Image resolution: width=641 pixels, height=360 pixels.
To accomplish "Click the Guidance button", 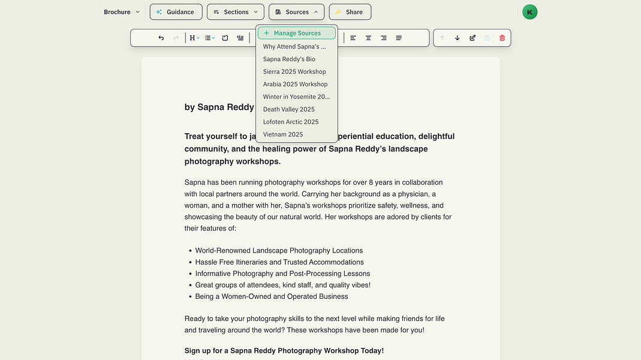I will pos(175,12).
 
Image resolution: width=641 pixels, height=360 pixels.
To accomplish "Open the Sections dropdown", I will pos(235,12).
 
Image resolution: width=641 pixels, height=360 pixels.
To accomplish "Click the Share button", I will pos(350,12).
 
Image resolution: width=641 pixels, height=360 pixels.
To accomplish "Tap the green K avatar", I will pos(529,12).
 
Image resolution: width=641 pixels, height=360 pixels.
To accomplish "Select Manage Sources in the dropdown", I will pos(297,33).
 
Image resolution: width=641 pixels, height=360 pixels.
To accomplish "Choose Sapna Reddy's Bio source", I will pos(289,59).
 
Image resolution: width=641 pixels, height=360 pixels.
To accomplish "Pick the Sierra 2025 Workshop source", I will pos(294,71).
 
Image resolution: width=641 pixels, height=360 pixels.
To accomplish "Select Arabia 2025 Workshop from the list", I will pos(295,84).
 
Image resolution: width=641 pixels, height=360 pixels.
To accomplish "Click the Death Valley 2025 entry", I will pos(288,109).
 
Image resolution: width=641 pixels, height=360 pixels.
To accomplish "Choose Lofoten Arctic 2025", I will pos(291,122).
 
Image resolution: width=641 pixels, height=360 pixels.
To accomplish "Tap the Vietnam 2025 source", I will pos(283,134).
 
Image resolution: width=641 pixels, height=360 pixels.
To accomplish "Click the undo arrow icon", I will pos(161,38).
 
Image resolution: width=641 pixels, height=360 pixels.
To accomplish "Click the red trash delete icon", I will pos(502,38).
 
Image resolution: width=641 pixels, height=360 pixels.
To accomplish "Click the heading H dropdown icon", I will pos(194,38).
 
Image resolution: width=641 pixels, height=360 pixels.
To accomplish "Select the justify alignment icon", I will pos(399,38).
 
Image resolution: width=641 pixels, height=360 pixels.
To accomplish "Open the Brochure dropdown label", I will pos(121,12).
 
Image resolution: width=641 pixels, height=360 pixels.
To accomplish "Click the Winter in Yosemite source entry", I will pos(296,97).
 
